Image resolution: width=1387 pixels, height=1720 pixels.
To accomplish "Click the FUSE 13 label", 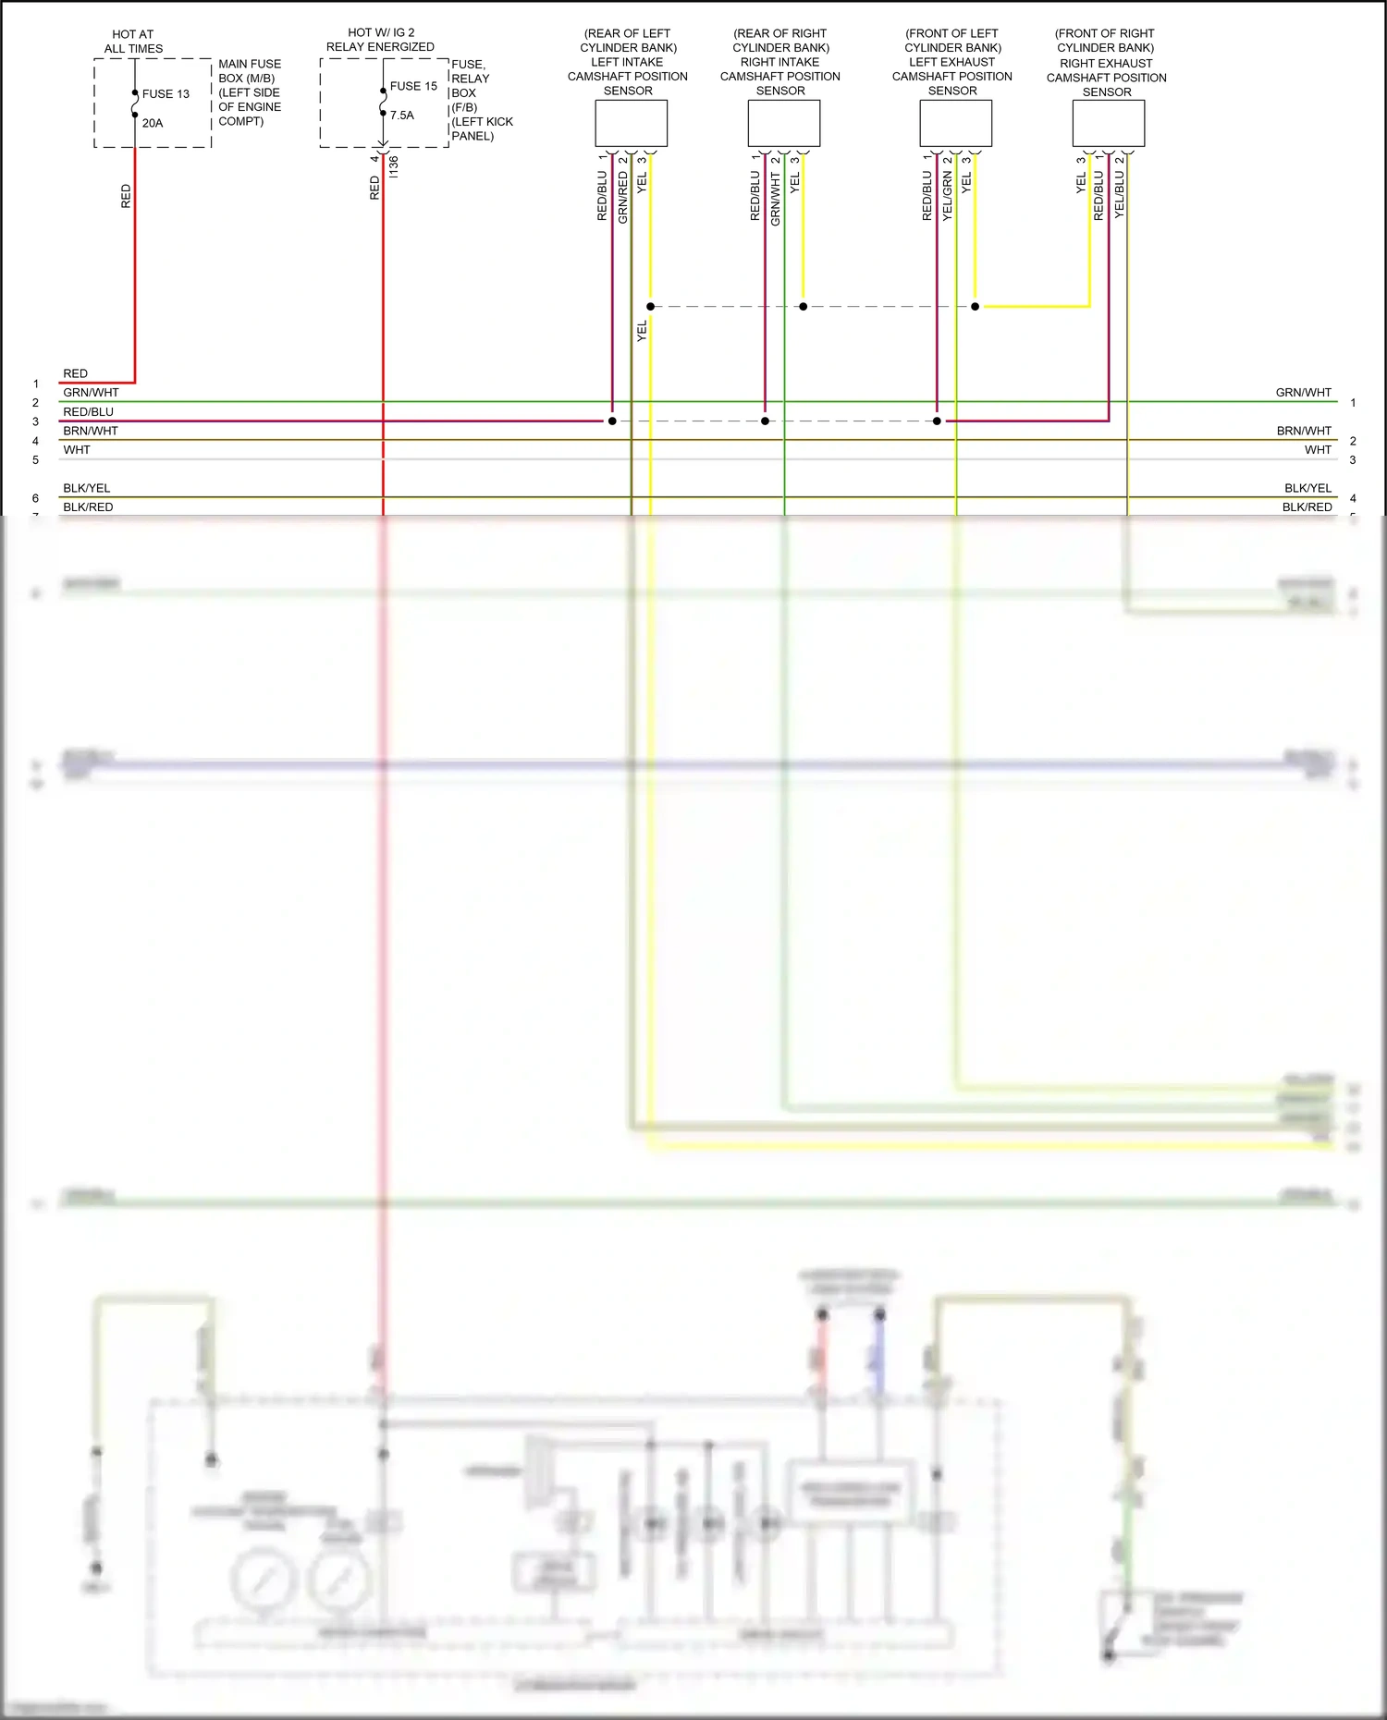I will (166, 94).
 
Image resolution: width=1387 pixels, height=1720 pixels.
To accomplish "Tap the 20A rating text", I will (153, 123).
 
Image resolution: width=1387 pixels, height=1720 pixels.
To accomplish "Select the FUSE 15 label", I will (413, 86).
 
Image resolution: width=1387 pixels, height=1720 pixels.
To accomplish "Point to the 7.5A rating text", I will (402, 116).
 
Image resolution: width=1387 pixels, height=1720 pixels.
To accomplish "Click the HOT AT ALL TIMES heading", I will (133, 42).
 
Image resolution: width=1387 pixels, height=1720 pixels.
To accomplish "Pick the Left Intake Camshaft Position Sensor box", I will (631, 123).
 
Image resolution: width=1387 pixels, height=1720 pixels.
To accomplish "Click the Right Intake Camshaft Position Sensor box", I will (783, 123).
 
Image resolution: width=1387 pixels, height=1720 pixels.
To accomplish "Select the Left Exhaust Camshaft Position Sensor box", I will (955, 123).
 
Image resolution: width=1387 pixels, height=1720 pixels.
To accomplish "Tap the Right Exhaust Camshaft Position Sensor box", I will (1108, 123).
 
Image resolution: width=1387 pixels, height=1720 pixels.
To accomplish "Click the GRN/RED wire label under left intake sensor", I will (623, 197).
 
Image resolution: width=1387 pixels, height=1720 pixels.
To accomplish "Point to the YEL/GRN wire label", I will (947, 195).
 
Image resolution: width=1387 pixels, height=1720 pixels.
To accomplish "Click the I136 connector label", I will (394, 166).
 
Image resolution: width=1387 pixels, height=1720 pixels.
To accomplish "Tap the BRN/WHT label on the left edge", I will (91, 431).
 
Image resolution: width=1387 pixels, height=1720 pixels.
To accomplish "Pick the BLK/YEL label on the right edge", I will (1307, 488).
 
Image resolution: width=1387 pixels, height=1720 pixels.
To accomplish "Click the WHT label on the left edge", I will (77, 450).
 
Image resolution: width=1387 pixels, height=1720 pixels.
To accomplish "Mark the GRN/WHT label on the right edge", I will (1303, 393).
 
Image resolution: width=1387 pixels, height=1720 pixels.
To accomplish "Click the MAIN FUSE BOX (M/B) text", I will (250, 71).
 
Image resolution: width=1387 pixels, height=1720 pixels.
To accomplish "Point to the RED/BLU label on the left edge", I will (88, 412).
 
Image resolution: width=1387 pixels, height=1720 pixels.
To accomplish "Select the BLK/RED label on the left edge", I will (88, 507).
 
